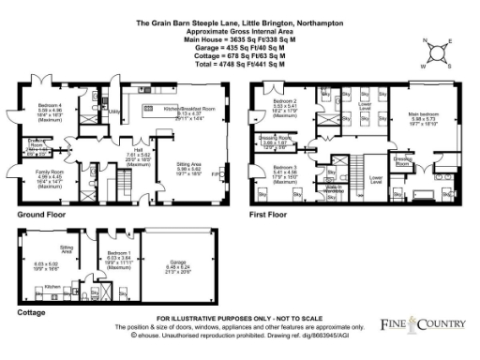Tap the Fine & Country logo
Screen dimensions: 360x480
coord(423,323)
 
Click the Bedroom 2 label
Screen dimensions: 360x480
coord(283,100)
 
